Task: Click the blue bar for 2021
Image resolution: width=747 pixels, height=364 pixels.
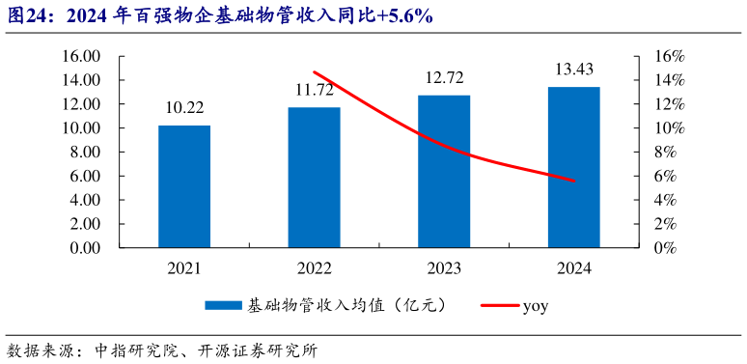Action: (x=184, y=186)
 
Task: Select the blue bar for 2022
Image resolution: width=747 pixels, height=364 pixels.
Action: (x=314, y=178)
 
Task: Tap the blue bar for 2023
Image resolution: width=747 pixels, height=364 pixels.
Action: (x=444, y=171)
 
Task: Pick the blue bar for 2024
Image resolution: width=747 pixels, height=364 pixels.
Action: (x=573, y=167)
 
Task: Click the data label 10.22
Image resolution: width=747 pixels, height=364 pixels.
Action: (x=184, y=107)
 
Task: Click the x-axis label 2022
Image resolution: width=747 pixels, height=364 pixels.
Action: (x=315, y=268)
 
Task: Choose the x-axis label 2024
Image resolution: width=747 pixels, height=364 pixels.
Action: (x=573, y=268)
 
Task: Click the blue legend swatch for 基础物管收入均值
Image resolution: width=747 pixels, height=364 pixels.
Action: (x=223, y=307)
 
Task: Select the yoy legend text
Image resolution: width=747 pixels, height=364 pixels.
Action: (x=536, y=307)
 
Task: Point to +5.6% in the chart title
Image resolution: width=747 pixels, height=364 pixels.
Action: (x=399, y=15)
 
